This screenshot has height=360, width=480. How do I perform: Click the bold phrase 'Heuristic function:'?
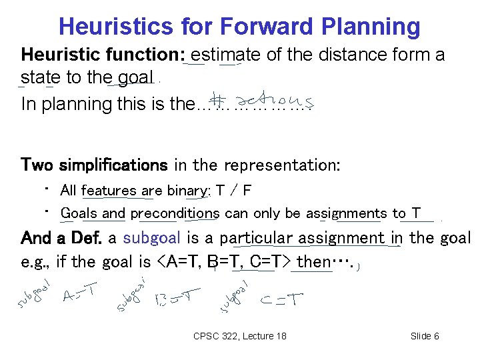pyautogui.click(x=103, y=55)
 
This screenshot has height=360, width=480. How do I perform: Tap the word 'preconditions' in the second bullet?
pyautogui.click(x=175, y=213)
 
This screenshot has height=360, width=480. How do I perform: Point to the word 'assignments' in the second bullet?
pyautogui.click(x=347, y=213)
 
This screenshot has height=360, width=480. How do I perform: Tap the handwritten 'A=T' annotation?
pyautogui.click(x=79, y=293)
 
